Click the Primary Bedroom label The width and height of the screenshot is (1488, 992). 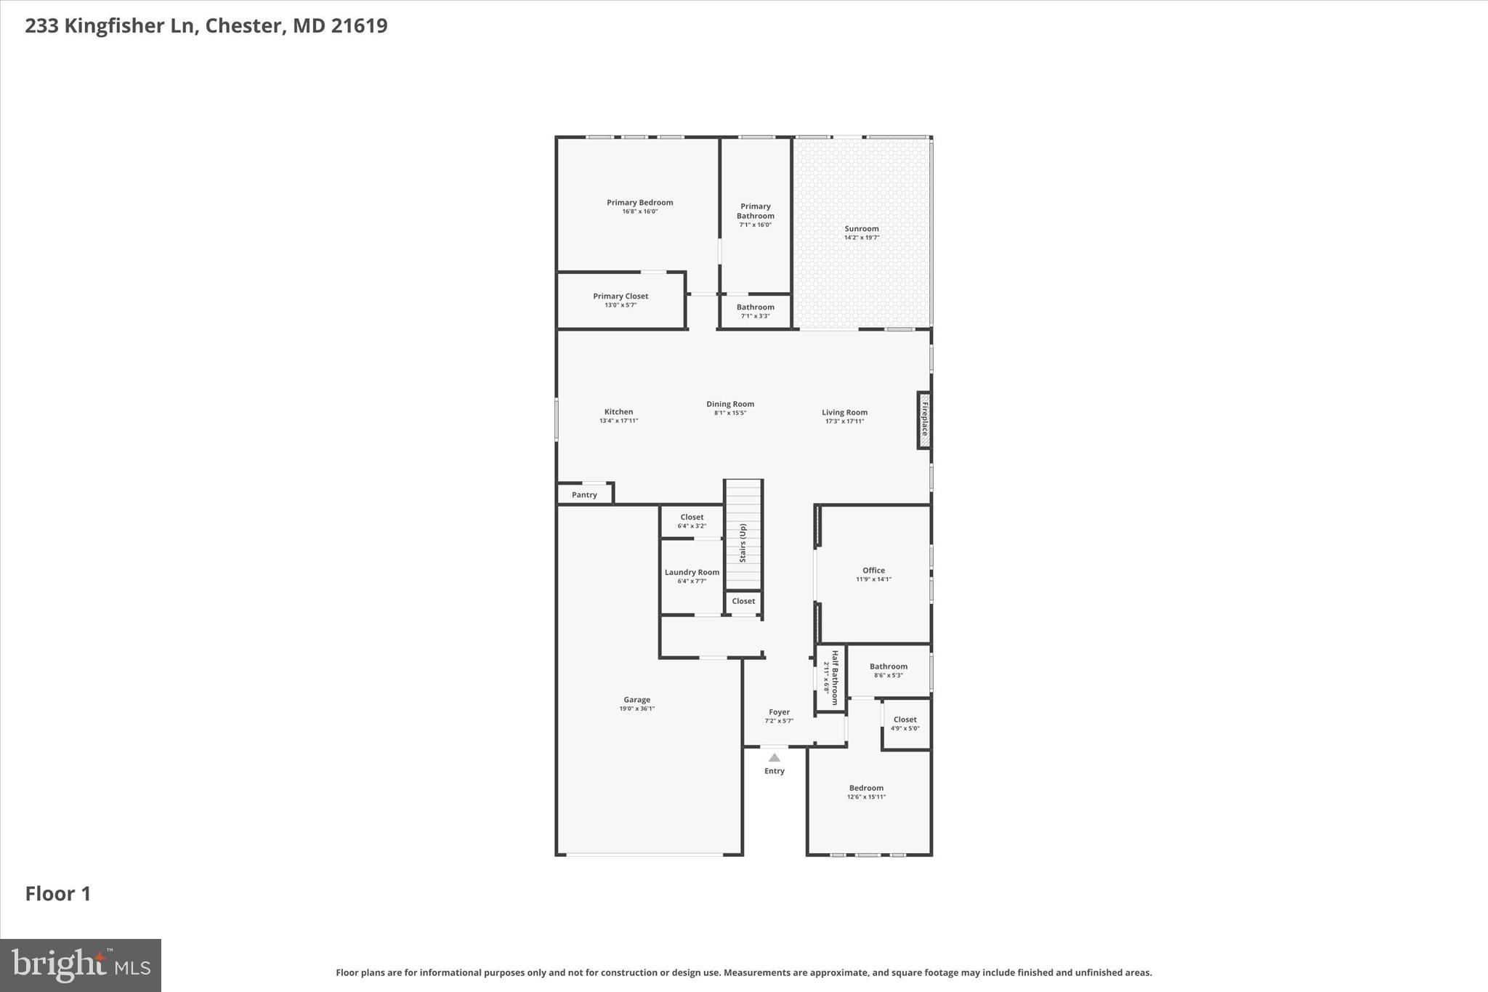pos(639,203)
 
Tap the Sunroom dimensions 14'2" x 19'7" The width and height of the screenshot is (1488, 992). pos(862,238)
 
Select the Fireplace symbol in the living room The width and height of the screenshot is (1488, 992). pos(924,420)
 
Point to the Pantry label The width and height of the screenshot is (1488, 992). pos(584,495)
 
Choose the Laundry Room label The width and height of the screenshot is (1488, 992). pos(692,572)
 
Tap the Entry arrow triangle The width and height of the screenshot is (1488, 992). pos(775,757)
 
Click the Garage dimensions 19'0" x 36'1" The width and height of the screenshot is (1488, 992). pos(636,709)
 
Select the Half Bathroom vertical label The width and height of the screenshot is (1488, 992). pos(835,677)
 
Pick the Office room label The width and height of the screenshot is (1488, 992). pos(873,570)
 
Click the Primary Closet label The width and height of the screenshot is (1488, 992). pos(620,296)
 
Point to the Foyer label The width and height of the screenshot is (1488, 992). pos(779,712)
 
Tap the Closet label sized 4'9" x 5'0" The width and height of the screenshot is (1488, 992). pos(905,719)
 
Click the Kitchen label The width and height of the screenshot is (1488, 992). pos(618,412)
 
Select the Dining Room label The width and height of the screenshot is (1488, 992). pos(730,404)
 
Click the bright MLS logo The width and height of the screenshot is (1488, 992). pos(81,965)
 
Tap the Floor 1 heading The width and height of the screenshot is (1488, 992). pos(58,894)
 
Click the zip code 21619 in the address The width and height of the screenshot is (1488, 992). pos(359,25)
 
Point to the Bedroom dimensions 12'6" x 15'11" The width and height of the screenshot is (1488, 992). pos(866,797)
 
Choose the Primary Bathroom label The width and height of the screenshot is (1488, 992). pos(755,211)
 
